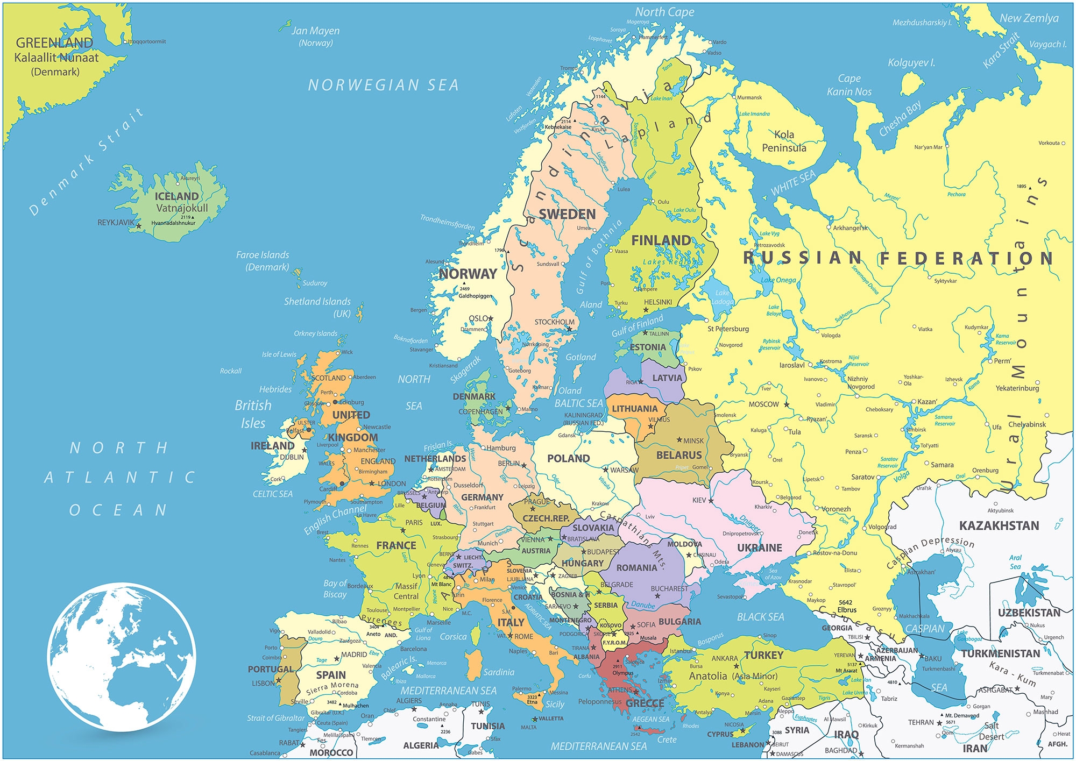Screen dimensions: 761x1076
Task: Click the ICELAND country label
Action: pyautogui.click(x=176, y=196)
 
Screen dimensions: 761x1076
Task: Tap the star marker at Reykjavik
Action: pyautogui.click(x=139, y=226)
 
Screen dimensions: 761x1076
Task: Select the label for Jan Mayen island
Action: pyautogui.click(x=315, y=31)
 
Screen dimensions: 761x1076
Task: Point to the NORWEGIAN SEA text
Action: pyautogui.click(x=383, y=85)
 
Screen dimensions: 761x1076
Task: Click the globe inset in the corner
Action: pyautogui.click(x=121, y=656)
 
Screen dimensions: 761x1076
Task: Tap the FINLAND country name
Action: pyautogui.click(x=661, y=240)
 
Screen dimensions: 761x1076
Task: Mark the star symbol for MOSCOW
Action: pyautogui.click(x=787, y=404)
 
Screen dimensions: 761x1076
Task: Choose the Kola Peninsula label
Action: pyautogui.click(x=784, y=141)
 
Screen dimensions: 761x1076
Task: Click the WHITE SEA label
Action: pyautogui.click(x=793, y=183)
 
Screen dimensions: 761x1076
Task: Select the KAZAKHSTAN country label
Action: pyautogui.click(x=999, y=525)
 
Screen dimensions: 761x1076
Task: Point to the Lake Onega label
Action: pyautogui.click(x=778, y=280)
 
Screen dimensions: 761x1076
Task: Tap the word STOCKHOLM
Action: pyautogui.click(x=554, y=322)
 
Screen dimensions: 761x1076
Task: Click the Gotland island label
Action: pyautogui.click(x=581, y=357)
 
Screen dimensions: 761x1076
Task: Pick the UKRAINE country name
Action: pyautogui.click(x=759, y=547)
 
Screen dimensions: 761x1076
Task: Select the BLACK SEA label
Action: pyautogui.click(x=760, y=617)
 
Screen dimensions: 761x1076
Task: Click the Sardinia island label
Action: pyautogui.click(x=499, y=672)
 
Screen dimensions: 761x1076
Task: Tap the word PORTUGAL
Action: pyautogui.click(x=271, y=669)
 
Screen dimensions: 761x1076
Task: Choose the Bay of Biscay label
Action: pyautogui.click(x=335, y=588)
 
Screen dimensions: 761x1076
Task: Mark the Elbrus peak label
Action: pyautogui.click(x=846, y=610)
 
